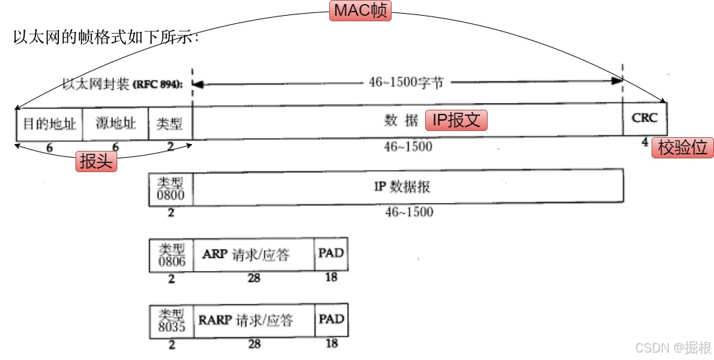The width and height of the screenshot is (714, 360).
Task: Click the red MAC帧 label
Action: click(360, 11)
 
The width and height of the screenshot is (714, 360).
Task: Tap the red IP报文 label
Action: click(457, 121)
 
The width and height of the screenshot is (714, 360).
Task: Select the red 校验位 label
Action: click(682, 147)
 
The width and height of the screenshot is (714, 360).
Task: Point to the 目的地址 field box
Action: click(49, 123)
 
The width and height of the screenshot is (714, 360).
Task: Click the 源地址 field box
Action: click(115, 123)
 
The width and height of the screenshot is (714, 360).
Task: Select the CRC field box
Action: click(644, 119)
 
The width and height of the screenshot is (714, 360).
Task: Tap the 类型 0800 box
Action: click(171, 188)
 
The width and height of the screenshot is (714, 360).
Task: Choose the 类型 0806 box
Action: click(171, 255)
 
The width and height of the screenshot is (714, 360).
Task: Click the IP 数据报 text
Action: click(402, 187)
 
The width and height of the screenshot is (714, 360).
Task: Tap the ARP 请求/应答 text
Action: click(246, 255)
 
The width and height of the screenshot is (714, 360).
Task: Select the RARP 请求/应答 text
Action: click(246, 320)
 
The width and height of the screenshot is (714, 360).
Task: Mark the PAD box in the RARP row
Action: click(331, 320)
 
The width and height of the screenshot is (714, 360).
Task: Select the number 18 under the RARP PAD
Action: click(331, 344)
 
